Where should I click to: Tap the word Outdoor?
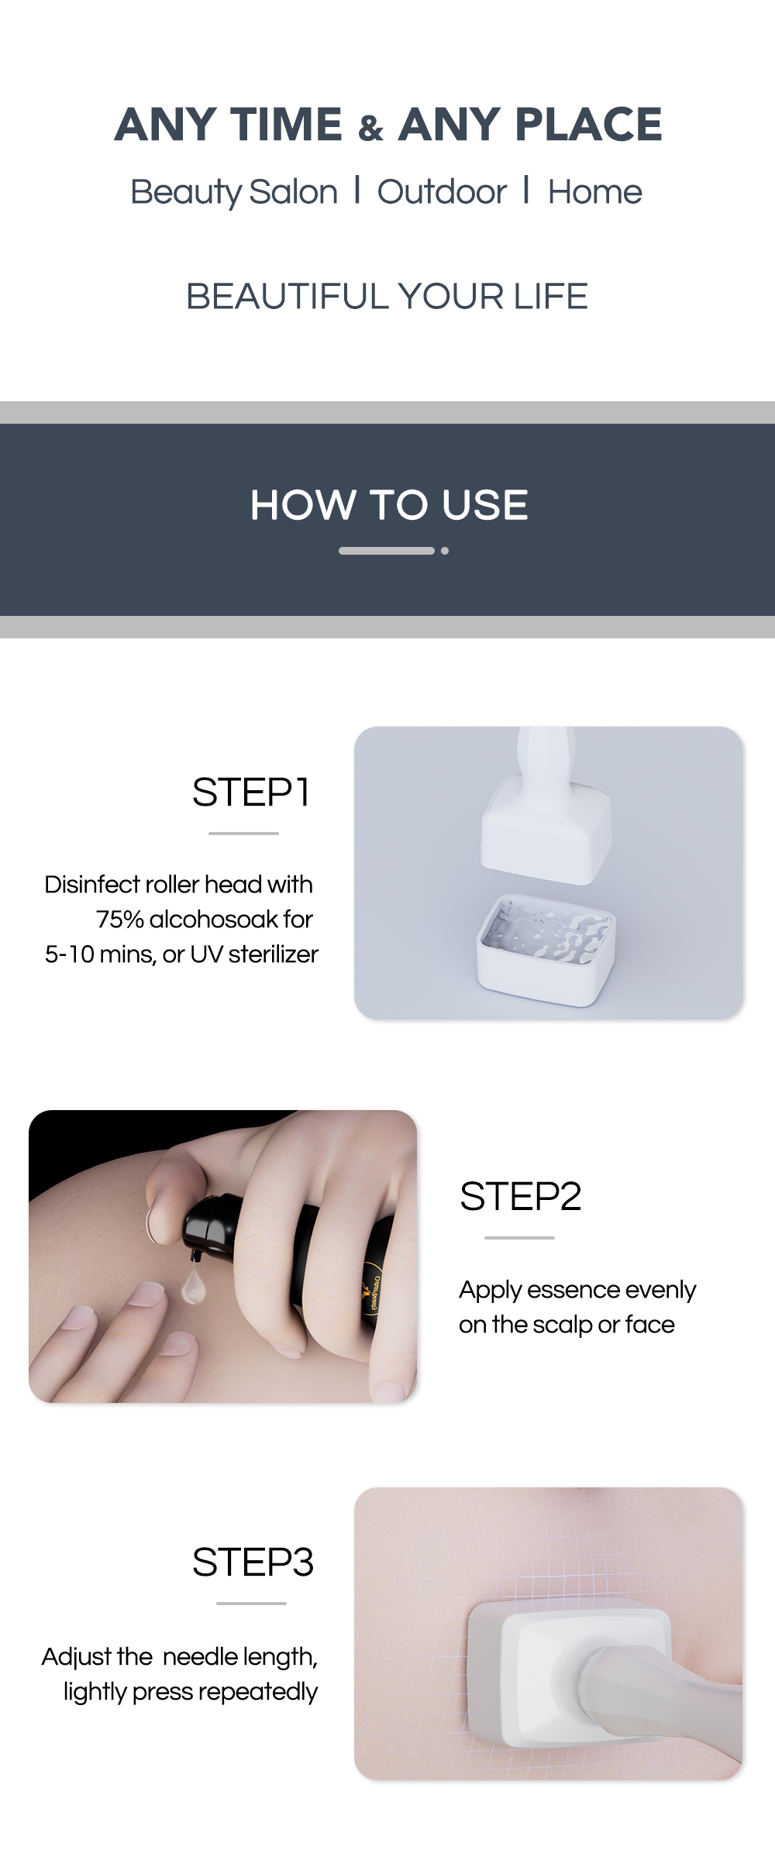tap(442, 192)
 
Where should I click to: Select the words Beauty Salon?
tap(233, 192)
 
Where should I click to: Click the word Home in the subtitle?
tap(594, 192)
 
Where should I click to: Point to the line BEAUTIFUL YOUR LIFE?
tap(387, 297)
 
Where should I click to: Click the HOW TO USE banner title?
tap(388, 505)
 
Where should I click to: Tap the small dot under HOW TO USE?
tap(445, 551)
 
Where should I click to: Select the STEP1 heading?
tap(251, 793)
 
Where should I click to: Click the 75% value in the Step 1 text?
tap(119, 920)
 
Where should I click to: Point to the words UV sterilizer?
tap(253, 954)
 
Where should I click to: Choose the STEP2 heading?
tap(520, 1196)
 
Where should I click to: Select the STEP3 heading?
tap(253, 1562)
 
